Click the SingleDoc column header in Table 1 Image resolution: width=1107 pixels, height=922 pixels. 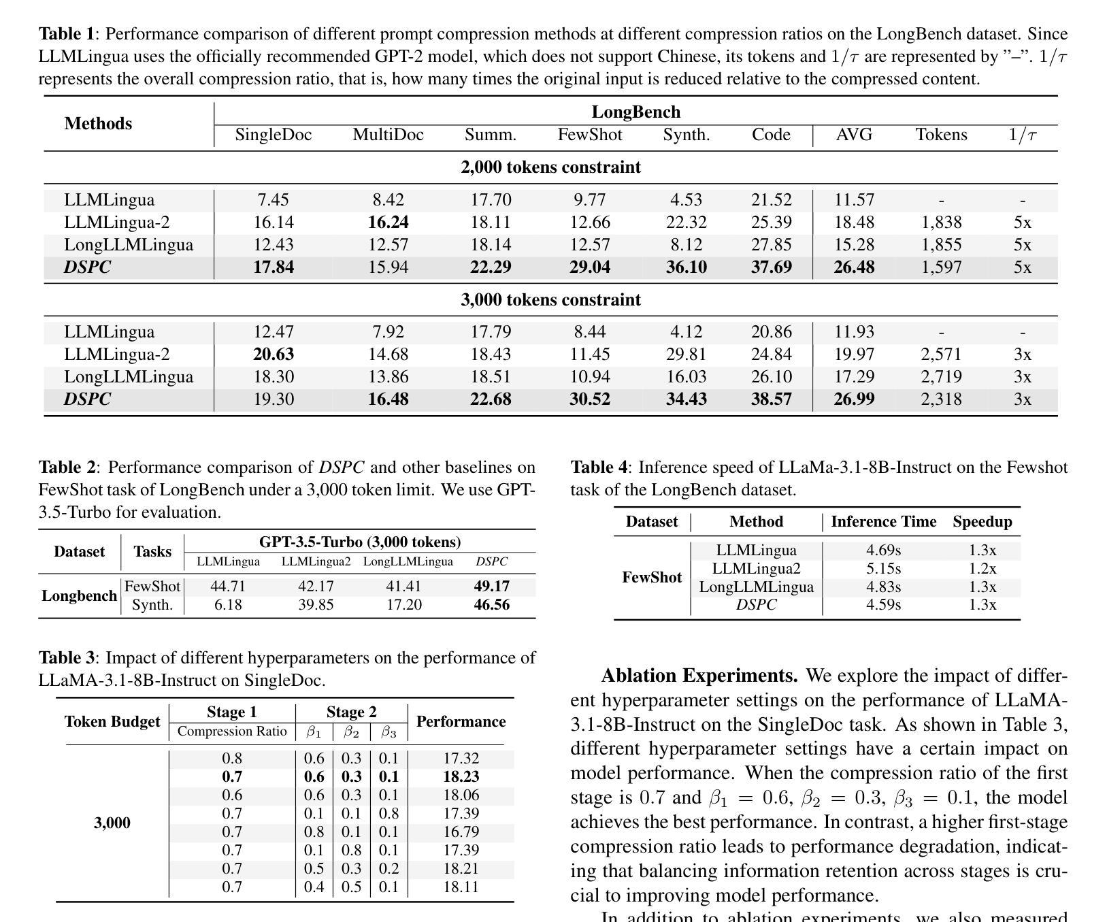point(273,135)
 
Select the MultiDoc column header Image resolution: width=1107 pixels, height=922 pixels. point(388,135)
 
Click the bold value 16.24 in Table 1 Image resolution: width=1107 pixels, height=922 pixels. point(388,223)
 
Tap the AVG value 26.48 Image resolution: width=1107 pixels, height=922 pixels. point(854,267)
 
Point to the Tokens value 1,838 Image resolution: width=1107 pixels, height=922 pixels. point(941,223)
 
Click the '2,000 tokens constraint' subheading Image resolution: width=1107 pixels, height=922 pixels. point(550,167)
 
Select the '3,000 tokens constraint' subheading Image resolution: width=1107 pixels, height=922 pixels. point(550,300)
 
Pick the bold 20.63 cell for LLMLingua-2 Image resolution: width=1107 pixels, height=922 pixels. point(273,355)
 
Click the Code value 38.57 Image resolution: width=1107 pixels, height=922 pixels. point(771,399)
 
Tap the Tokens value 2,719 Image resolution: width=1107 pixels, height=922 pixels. point(941,377)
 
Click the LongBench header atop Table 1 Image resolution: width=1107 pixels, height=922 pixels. point(635,112)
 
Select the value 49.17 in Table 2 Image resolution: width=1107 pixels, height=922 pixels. point(491,587)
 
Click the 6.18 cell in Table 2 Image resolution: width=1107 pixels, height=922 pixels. point(228,605)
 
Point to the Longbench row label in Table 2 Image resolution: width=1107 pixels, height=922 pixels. point(79,596)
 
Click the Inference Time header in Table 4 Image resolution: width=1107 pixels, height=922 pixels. point(883,522)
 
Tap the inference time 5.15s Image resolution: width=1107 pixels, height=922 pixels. point(883,569)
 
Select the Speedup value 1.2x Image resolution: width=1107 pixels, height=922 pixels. point(982,569)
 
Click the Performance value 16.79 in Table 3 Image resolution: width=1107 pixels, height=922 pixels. point(461,832)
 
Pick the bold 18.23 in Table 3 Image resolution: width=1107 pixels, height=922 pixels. point(461,777)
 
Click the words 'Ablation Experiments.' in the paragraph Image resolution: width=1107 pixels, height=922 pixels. point(699,676)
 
